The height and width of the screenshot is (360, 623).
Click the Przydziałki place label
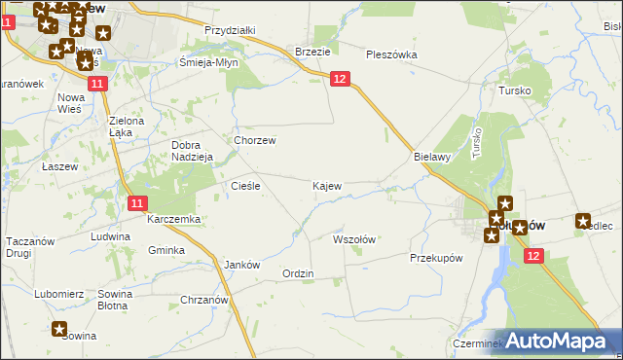230,30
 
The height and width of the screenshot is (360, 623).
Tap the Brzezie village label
312,52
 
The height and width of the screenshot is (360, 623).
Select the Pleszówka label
390,54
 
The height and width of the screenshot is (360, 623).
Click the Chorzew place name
255,140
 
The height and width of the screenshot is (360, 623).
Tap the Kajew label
326,185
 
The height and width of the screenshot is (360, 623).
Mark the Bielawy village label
430,156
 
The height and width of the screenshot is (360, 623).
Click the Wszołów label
354,238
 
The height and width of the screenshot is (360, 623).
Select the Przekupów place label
435,258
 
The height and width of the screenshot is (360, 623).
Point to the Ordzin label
298,273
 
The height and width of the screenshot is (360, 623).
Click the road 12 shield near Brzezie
339,79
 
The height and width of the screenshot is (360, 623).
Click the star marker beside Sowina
59,329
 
